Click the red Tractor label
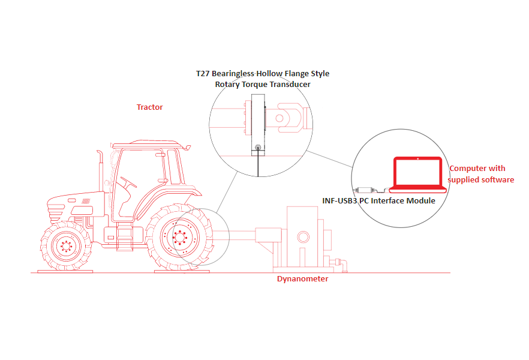point(149,107)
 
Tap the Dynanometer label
point(303,278)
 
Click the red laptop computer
point(417,175)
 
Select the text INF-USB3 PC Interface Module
point(378,201)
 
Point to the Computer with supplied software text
point(481,174)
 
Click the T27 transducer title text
point(263,79)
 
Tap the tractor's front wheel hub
point(66,246)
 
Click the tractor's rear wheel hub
point(180,237)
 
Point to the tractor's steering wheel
point(128,182)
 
